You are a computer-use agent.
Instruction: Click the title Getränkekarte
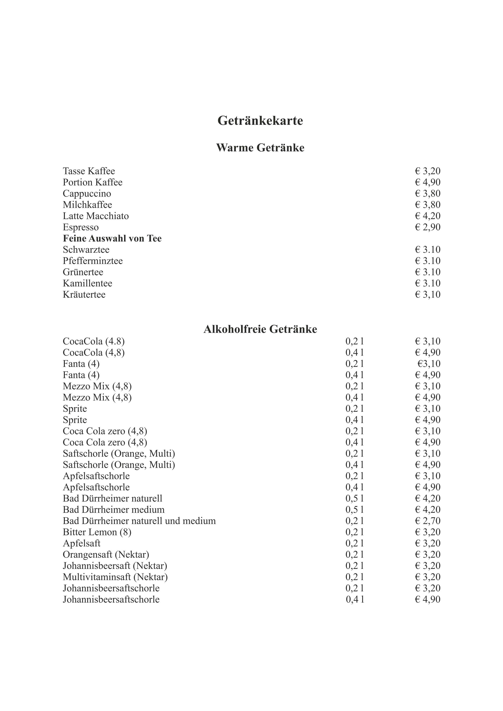pyautogui.click(x=260, y=120)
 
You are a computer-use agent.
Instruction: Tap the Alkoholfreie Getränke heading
pyautogui.click(x=260, y=329)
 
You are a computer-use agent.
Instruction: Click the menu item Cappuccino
pyautogui.click(x=87, y=194)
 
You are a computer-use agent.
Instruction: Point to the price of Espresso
pyautogui.click(x=427, y=227)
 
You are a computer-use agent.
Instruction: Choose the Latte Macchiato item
pyautogui.click(x=96, y=216)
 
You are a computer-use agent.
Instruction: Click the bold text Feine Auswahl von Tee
pyautogui.click(x=112, y=238)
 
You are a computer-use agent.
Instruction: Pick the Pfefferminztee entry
pyautogui.click(x=93, y=261)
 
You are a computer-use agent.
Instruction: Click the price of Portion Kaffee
pyautogui.click(x=427, y=182)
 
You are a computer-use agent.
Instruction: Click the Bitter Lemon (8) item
pyautogui.click(x=97, y=532)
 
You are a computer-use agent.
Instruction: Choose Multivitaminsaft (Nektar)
pyautogui.click(x=115, y=577)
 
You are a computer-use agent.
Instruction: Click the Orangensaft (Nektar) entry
pyautogui.click(x=106, y=554)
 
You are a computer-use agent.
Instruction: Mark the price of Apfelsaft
pyautogui.click(x=427, y=543)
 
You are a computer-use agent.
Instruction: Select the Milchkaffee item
pyautogui.click(x=87, y=205)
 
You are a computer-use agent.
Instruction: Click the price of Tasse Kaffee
pyautogui.click(x=427, y=171)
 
